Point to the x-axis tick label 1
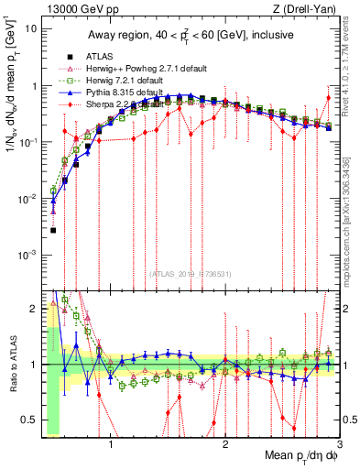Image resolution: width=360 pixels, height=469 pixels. coord(111,446)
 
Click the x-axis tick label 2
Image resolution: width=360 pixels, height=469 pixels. coord(225,446)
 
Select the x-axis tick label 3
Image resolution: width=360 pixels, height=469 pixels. coord(339,446)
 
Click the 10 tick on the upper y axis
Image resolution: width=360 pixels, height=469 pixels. coord(30,28)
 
